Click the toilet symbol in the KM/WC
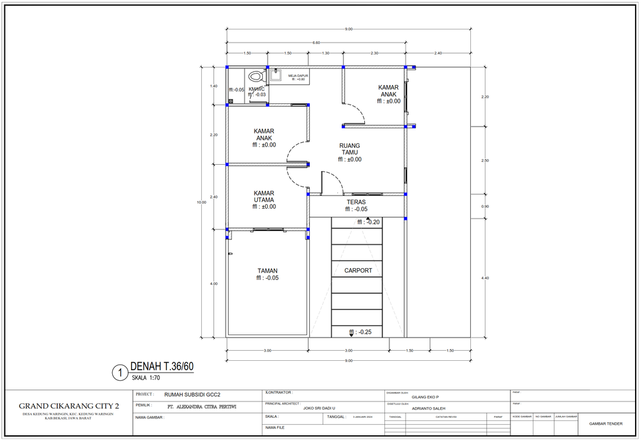[x=255, y=78]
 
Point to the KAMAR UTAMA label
[x=264, y=200]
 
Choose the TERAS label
[x=356, y=202]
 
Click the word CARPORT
[x=358, y=271]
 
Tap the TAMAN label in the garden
[x=267, y=271]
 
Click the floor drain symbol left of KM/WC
[x=231, y=101]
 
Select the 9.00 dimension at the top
[x=349, y=29]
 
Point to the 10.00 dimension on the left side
[x=201, y=202]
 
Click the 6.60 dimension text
[x=317, y=43]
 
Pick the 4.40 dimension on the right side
[x=485, y=278]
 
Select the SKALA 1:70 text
[x=146, y=378]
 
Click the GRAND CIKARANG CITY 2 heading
[x=69, y=406]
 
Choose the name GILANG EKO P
[x=425, y=397]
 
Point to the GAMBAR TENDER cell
[x=606, y=423]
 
